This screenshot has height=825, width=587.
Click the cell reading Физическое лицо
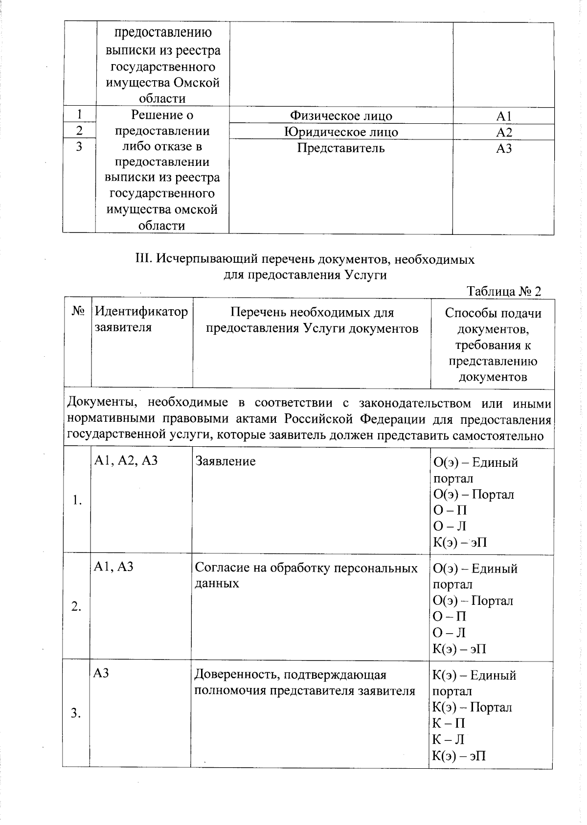341,116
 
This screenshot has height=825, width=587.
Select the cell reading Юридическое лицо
341,132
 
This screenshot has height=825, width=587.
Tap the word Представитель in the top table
341,148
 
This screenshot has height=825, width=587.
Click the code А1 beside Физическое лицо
503,116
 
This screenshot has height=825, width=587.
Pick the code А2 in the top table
503,133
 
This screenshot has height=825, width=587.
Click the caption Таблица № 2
504,292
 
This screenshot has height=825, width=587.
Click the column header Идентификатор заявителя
141,320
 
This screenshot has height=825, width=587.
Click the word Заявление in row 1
226,461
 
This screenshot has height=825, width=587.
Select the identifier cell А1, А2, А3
126,460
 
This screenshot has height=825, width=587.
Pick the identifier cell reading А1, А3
113,567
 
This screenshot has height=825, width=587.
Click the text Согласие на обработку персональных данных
306,575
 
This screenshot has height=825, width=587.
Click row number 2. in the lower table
76,607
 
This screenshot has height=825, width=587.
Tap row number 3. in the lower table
76,713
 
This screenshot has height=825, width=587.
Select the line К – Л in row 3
448,739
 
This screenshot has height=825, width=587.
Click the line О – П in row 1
450,510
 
